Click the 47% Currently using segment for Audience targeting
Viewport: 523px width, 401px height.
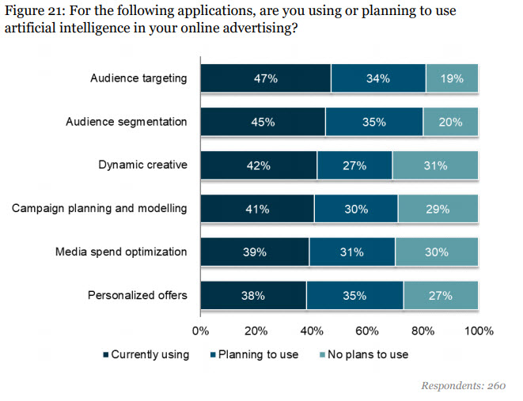tap(265, 78)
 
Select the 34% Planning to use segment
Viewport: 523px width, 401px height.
tap(377, 78)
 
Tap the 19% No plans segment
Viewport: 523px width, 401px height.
tap(452, 78)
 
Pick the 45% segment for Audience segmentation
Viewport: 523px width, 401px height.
tap(263, 122)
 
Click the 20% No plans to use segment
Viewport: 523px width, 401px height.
tap(451, 122)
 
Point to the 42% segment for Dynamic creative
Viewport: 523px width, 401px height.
tap(259, 165)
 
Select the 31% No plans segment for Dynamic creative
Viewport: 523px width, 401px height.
tap(435, 165)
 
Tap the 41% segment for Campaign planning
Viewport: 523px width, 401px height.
tap(257, 209)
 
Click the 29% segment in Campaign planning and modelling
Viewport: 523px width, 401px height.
tap(438, 209)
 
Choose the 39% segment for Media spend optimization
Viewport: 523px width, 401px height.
tap(255, 252)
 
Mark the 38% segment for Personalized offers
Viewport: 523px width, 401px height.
tap(253, 296)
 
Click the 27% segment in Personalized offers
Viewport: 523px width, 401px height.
tap(441, 296)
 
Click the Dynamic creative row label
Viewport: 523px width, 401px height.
tap(142, 165)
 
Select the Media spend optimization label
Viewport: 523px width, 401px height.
tap(121, 252)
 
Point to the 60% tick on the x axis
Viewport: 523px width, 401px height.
tap(367, 330)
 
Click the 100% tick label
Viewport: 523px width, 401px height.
tap(478, 330)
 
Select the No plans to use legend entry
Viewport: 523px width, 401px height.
tap(365, 354)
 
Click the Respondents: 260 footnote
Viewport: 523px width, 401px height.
tap(463, 385)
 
